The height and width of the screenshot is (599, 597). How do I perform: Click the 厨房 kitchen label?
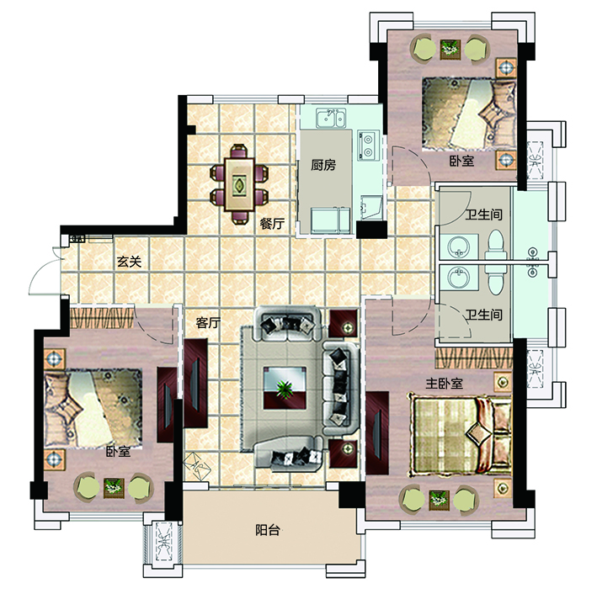(323, 165)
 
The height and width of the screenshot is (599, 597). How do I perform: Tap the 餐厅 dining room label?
(272, 223)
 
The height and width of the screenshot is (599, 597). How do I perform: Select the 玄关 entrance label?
(129, 262)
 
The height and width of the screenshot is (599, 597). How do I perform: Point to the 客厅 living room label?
(208, 323)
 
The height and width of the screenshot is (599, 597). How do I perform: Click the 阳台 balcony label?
(267, 530)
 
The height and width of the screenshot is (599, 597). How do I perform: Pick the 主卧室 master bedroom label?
(444, 383)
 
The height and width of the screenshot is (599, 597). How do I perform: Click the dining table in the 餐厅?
(239, 184)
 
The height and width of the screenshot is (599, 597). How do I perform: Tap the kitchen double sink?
(331, 118)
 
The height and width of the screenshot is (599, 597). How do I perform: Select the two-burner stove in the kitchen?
(369, 146)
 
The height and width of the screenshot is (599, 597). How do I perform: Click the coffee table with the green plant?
(285, 388)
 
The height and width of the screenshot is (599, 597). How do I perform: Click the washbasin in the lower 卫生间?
(458, 278)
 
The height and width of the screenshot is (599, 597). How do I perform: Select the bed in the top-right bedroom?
(469, 114)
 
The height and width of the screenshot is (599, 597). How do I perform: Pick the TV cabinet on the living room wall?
(195, 383)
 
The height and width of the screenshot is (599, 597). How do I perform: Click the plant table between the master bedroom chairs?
(439, 499)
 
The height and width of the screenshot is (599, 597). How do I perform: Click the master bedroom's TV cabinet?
(377, 432)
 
